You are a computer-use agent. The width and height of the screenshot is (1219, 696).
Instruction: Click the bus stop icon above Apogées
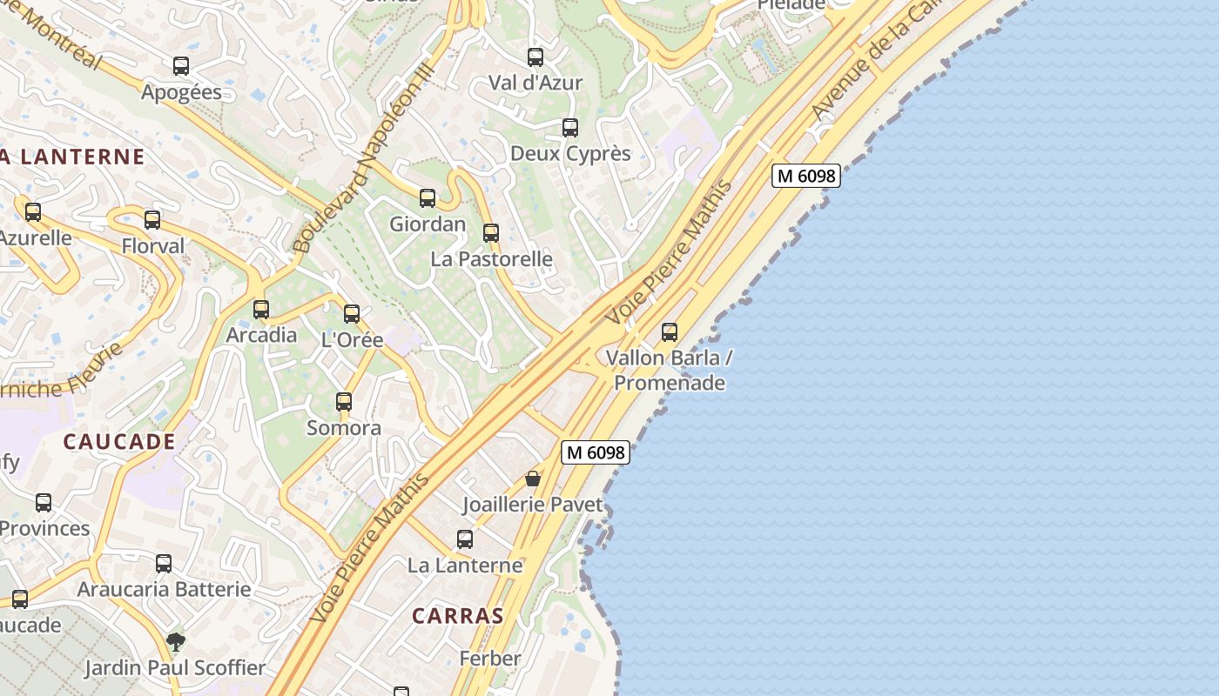(x=181, y=66)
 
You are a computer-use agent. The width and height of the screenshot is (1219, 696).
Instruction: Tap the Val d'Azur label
(x=535, y=83)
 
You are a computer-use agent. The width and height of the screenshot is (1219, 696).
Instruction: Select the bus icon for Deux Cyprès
(x=570, y=128)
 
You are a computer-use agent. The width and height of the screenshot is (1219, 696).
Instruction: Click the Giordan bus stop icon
(x=428, y=198)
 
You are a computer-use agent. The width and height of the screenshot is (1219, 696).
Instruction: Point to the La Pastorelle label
(x=491, y=259)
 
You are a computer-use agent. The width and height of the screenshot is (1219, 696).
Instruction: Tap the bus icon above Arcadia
(x=261, y=309)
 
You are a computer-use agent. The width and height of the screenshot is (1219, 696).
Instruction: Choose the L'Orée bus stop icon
(x=352, y=314)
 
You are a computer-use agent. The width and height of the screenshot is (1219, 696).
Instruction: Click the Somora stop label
(x=344, y=428)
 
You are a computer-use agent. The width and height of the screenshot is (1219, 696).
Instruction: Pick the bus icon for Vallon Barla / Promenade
(x=670, y=331)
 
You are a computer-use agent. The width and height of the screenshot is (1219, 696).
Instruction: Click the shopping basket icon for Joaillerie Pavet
(x=533, y=478)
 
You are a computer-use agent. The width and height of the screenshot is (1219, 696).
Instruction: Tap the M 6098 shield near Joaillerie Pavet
(x=596, y=452)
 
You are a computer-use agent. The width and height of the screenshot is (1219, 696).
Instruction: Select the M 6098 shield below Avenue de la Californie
(x=805, y=176)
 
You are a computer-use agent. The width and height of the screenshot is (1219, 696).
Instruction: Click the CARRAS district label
(x=458, y=616)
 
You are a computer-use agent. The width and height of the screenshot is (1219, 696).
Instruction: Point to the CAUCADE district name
(x=119, y=442)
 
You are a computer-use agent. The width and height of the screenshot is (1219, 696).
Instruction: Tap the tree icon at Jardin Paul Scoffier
(x=176, y=642)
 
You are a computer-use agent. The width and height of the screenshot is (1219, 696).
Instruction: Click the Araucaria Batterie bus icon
(x=164, y=564)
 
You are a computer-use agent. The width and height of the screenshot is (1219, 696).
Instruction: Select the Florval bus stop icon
(x=152, y=220)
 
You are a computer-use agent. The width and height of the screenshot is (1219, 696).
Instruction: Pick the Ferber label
(x=490, y=659)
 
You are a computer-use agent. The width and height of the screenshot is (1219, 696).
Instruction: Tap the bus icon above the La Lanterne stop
(x=465, y=539)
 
